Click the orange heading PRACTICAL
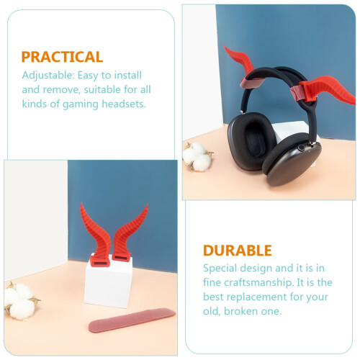[62, 57]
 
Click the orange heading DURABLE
[238, 251]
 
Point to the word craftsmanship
[259, 283]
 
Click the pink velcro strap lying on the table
[132, 320]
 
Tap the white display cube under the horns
[108, 283]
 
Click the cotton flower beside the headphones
[197, 156]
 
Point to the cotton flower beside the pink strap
[20, 301]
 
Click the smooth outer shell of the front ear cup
[294, 166]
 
